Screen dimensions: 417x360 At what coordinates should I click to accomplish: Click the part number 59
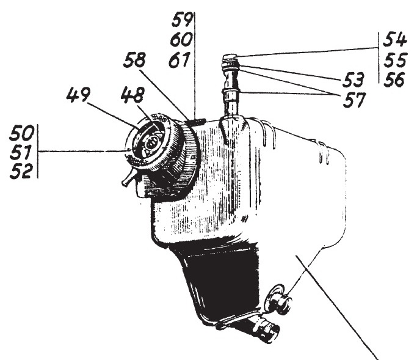pyautogui.click(x=182, y=21)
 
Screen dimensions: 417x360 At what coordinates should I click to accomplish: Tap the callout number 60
pyautogui.click(x=181, y=40)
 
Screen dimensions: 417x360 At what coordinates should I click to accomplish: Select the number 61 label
pyautogui.click(x=179, y=60)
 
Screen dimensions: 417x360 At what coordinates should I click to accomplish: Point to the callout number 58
pyautogui.click(x=134, y=60)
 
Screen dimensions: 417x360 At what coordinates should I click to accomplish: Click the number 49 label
pyautogui.click(x=78, y=95)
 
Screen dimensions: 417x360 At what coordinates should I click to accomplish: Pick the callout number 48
pyautogui.click(x=132, y=95)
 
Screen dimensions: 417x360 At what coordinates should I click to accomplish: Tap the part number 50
pyautogui.click(x=22, y=133)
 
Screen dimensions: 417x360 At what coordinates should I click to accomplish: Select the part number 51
pyautogui.click(x=22, y=152)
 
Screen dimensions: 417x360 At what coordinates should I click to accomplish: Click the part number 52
pyautogui.click(x=22, y=171)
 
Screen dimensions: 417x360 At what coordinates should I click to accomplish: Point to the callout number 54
pyautogui.click(x=394, y=40)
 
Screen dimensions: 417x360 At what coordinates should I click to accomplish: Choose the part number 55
pyautogui.click(x=395, y=60)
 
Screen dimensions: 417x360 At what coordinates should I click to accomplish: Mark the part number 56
pyautogui.click(x=394, y=79)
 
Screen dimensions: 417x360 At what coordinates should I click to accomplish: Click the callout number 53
pyautogui.click(x=352, y=79)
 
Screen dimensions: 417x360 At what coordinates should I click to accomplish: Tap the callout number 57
pyautogui.click(x=354, y=100)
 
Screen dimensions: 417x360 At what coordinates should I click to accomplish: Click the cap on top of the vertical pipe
pyautogui.click(x=230, y=57)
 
